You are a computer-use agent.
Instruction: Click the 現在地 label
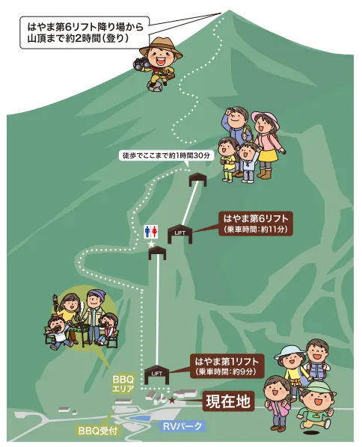(228, 401)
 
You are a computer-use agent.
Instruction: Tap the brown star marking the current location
(172, 401)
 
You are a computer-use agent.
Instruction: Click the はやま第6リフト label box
(256, 223)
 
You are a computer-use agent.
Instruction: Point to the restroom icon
(151, 232)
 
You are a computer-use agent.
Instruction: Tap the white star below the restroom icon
(151, 244)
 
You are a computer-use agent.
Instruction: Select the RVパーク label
(182, 426)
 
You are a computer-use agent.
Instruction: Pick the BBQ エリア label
(123, 384)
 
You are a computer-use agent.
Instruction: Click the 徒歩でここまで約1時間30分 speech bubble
(166, 155)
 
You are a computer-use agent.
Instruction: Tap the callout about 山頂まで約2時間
(85, 32)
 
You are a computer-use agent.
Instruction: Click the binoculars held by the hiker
(141, 64)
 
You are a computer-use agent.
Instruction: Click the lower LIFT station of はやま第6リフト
(180, 234)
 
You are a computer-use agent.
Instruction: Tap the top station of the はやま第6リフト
(197, 179)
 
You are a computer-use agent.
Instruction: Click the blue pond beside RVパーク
(141, 418)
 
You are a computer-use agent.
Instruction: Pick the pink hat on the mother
(264, 119)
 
